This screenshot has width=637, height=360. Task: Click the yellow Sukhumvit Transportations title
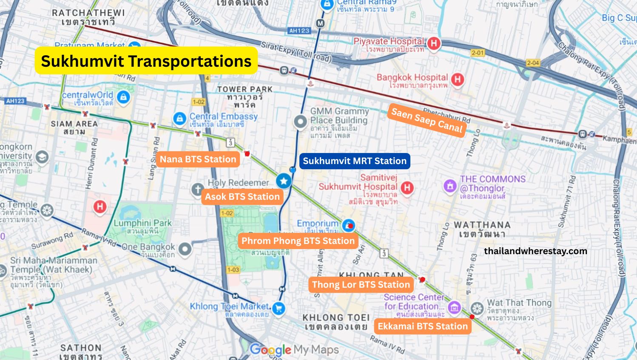pos(146,61)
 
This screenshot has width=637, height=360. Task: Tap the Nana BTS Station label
pos(198,159)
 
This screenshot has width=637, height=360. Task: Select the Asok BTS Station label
pos(242,196)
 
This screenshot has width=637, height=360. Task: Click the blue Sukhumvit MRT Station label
pos(355,161)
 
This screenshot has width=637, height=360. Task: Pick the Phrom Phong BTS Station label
pos(298,241)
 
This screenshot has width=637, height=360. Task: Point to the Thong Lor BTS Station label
pos(361,285)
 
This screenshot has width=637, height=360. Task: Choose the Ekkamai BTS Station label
pos(422,326)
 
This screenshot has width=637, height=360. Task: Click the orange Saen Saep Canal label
pos(427,120)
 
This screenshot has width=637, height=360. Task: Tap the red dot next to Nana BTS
pos(247,154)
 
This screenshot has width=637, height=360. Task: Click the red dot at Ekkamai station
pos(472,317)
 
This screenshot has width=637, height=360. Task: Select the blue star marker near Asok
pos(284,181)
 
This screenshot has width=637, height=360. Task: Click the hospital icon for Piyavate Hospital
pos(433,43)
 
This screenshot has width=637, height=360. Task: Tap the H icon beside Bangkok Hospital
pos(457,79)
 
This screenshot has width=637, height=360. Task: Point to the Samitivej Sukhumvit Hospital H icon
pos(407,187)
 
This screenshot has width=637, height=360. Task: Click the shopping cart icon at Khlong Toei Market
pos(279,308)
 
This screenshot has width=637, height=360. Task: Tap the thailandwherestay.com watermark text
pos(535,251)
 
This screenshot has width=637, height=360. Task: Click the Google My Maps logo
pos(294,350)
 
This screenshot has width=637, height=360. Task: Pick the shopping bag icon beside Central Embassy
pos(179,118)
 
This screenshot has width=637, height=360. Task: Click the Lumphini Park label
pos(142,223)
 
